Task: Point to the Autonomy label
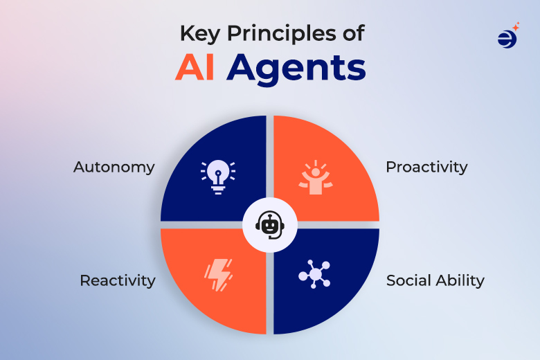pos(114,168)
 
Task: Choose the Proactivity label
pos(426,167)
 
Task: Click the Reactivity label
pos(117,280)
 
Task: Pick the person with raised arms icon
pos(316,177)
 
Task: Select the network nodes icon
pos(315,275)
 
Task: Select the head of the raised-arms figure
pos(316,173)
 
